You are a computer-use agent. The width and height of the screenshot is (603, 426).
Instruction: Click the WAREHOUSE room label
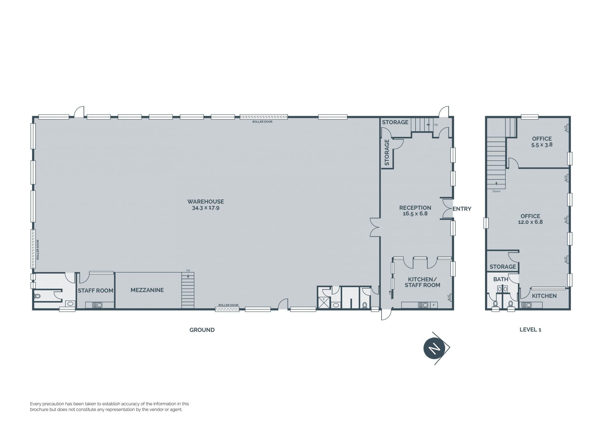click(x=206, y=202)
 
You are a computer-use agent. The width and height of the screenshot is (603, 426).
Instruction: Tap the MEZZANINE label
click(x=147, y=290)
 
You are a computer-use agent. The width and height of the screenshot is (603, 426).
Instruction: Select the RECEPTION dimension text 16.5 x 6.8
click(x=415, y=214)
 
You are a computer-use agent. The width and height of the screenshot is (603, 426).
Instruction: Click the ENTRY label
click(x=462, y=209)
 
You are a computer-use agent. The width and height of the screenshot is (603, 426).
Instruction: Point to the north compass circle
click(x=434, y=348)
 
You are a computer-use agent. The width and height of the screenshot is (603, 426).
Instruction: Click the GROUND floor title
click(x=202, y=330)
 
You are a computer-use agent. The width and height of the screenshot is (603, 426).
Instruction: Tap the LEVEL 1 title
click(x=530, y=330)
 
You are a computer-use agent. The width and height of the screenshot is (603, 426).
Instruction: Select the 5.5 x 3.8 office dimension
click(x=542, y=145)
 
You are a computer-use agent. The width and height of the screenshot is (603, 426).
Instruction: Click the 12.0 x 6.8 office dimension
click(x=530, y=222)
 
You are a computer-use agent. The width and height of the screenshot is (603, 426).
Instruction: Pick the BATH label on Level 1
click(x=501, y=279)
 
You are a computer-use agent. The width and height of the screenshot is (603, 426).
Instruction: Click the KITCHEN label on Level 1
click(x=544, y=296)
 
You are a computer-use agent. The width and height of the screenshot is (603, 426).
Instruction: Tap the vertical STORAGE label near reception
click(x=387, y=153)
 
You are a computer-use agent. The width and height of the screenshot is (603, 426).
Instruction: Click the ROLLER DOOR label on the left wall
click(x=38, y=250)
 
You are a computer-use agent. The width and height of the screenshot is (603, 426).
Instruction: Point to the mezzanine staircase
click(x=188, y=290)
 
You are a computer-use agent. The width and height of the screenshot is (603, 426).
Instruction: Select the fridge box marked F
click(x=434, y=305)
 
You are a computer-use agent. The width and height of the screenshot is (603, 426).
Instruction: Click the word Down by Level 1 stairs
click(x=497, y=191)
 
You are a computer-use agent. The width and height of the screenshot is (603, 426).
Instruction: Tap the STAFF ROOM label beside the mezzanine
click(x=95, y=291)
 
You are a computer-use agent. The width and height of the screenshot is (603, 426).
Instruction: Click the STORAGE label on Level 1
click(x=503, y=267)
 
